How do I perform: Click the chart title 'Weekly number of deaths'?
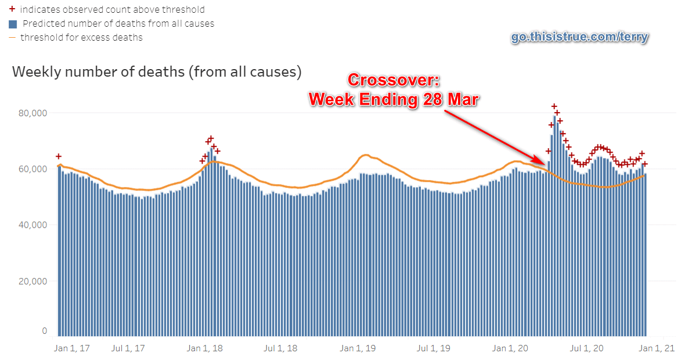point(157,72)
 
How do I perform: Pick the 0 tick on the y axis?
point(44,331)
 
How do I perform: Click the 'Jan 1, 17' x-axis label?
point(72,348)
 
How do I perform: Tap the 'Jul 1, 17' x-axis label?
point(128,348)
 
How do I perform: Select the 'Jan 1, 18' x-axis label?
point(205,348)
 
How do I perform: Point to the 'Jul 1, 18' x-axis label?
point(280,348)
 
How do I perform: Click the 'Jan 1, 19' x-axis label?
point(358,348)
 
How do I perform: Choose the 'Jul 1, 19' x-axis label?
point(433,348)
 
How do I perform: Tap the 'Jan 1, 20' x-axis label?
point(510,348)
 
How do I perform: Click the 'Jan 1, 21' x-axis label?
point(657,348)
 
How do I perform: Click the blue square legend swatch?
point(13,24)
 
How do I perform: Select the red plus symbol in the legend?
point(12,10)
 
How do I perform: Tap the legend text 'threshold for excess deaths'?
point(81,38)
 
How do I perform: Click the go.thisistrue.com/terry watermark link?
point(579,38)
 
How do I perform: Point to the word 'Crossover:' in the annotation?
point(394,81)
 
